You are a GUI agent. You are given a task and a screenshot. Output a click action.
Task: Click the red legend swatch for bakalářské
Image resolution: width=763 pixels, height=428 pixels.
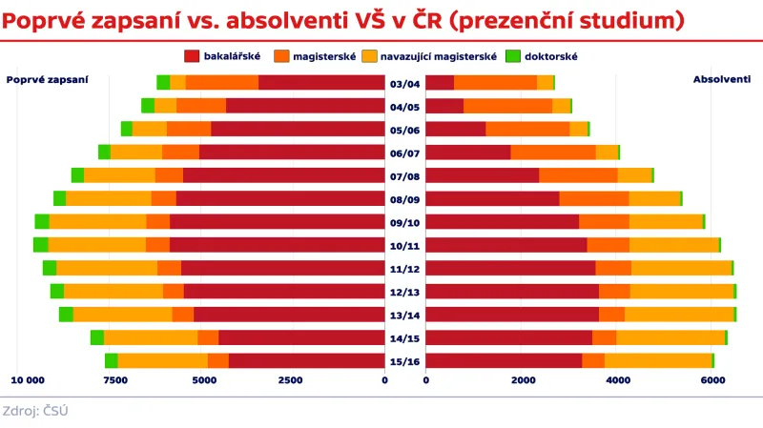192,56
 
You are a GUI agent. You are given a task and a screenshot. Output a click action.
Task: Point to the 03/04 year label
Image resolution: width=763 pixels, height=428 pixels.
404,83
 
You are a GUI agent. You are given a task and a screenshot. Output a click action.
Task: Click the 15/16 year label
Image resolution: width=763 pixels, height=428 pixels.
404,361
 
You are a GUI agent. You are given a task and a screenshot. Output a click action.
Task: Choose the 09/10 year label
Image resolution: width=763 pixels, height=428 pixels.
404,222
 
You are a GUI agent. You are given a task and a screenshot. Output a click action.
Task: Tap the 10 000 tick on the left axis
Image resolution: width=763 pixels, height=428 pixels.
28,380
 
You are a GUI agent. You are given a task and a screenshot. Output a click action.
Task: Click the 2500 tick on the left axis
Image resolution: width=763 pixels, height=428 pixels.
291,380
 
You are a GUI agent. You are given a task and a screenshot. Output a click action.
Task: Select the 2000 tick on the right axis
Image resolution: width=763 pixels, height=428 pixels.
521,380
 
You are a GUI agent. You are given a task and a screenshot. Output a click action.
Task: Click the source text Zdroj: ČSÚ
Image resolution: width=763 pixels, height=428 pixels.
35,411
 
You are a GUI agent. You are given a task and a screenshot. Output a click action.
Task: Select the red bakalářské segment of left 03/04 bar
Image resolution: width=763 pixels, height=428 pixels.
321,83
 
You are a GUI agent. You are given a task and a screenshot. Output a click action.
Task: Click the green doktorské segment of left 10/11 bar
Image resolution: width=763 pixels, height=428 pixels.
41,245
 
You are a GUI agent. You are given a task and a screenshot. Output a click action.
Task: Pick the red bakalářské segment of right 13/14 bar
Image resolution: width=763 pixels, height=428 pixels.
511,315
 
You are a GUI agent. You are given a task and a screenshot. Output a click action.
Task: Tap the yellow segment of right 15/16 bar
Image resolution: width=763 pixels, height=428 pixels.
658,360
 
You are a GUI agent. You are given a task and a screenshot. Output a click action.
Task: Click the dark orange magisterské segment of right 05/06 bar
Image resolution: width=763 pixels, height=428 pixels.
527,129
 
